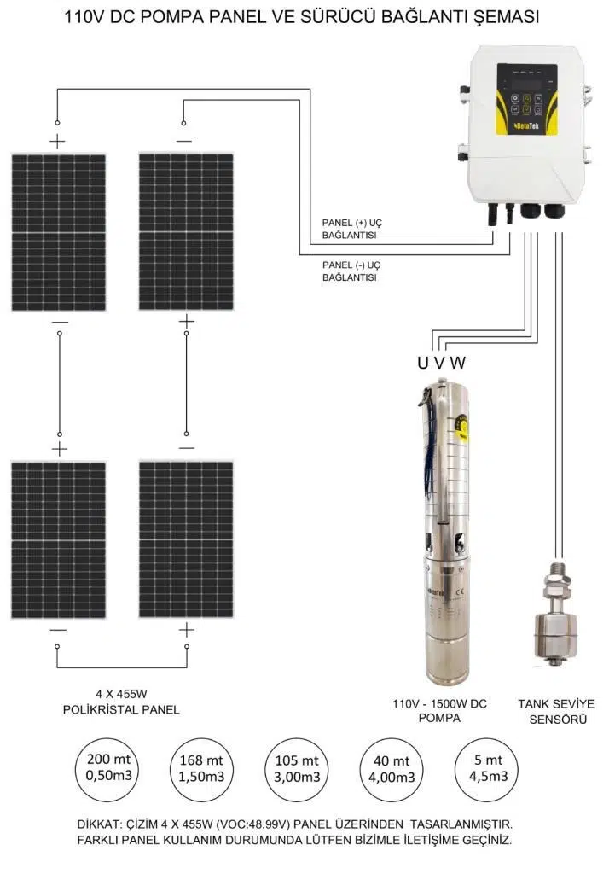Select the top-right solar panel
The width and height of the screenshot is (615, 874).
186,231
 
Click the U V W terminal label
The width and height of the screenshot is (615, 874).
441,362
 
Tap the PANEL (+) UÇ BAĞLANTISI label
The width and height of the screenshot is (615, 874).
351,228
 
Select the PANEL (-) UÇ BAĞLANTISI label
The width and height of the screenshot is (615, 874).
351,271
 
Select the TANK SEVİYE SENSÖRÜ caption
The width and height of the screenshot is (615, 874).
556,711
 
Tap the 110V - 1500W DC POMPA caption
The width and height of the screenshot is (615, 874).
439,711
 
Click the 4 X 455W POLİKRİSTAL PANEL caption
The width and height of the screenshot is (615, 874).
121,702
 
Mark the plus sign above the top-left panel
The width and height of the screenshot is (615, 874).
57,141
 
